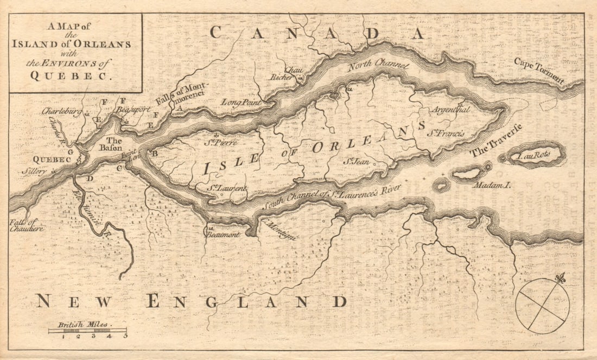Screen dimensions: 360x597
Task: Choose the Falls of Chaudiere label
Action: click(25, 225)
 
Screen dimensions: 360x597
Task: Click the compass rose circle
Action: click(542, 305)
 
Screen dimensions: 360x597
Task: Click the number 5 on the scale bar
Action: click(125, 336)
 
